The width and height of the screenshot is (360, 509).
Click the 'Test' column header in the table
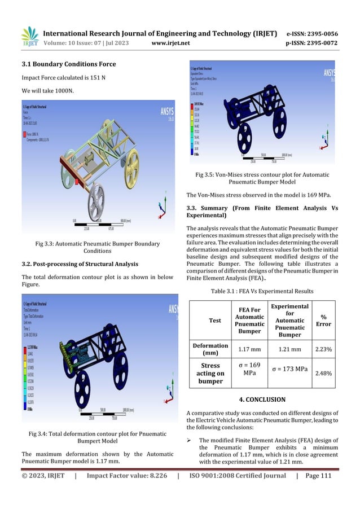[215, 321]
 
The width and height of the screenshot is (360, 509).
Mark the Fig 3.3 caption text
[97, 247]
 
